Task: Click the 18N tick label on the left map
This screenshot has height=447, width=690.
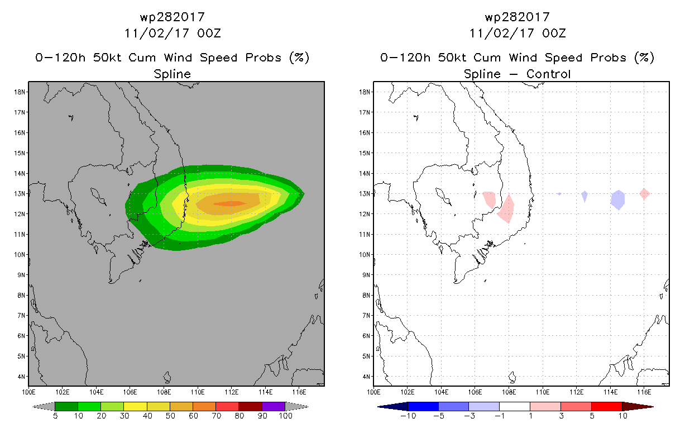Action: point(20,92)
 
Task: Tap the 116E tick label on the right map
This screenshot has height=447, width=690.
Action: point(644,392)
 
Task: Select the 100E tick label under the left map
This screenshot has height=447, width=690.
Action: point(28,392)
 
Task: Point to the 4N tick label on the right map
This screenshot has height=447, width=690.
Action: point(366,377)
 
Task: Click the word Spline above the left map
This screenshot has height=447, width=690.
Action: point(172,74)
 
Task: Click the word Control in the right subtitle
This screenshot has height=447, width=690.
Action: point(548,74)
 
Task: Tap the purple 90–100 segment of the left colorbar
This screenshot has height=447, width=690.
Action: point(274,406)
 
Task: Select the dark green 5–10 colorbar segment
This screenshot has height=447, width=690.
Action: point(66,406)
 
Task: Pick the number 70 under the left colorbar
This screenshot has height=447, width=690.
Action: point(216,416)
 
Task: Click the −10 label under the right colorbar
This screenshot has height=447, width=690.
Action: point(408,416)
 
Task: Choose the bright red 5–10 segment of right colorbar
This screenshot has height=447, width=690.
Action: point(607,406)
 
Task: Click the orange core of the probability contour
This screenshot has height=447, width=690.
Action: point(230,203)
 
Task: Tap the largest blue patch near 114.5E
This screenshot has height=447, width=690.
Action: point(617,200)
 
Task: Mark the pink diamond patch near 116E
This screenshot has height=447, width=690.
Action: point(644,194)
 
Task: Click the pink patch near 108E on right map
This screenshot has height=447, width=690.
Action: point(506,209)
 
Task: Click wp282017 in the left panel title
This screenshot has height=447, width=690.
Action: point(172,17)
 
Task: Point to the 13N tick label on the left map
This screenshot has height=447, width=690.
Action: point(20,193)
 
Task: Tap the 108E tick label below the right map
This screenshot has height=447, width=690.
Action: point(509,392)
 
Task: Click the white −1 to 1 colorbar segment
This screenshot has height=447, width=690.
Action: point(515,406)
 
